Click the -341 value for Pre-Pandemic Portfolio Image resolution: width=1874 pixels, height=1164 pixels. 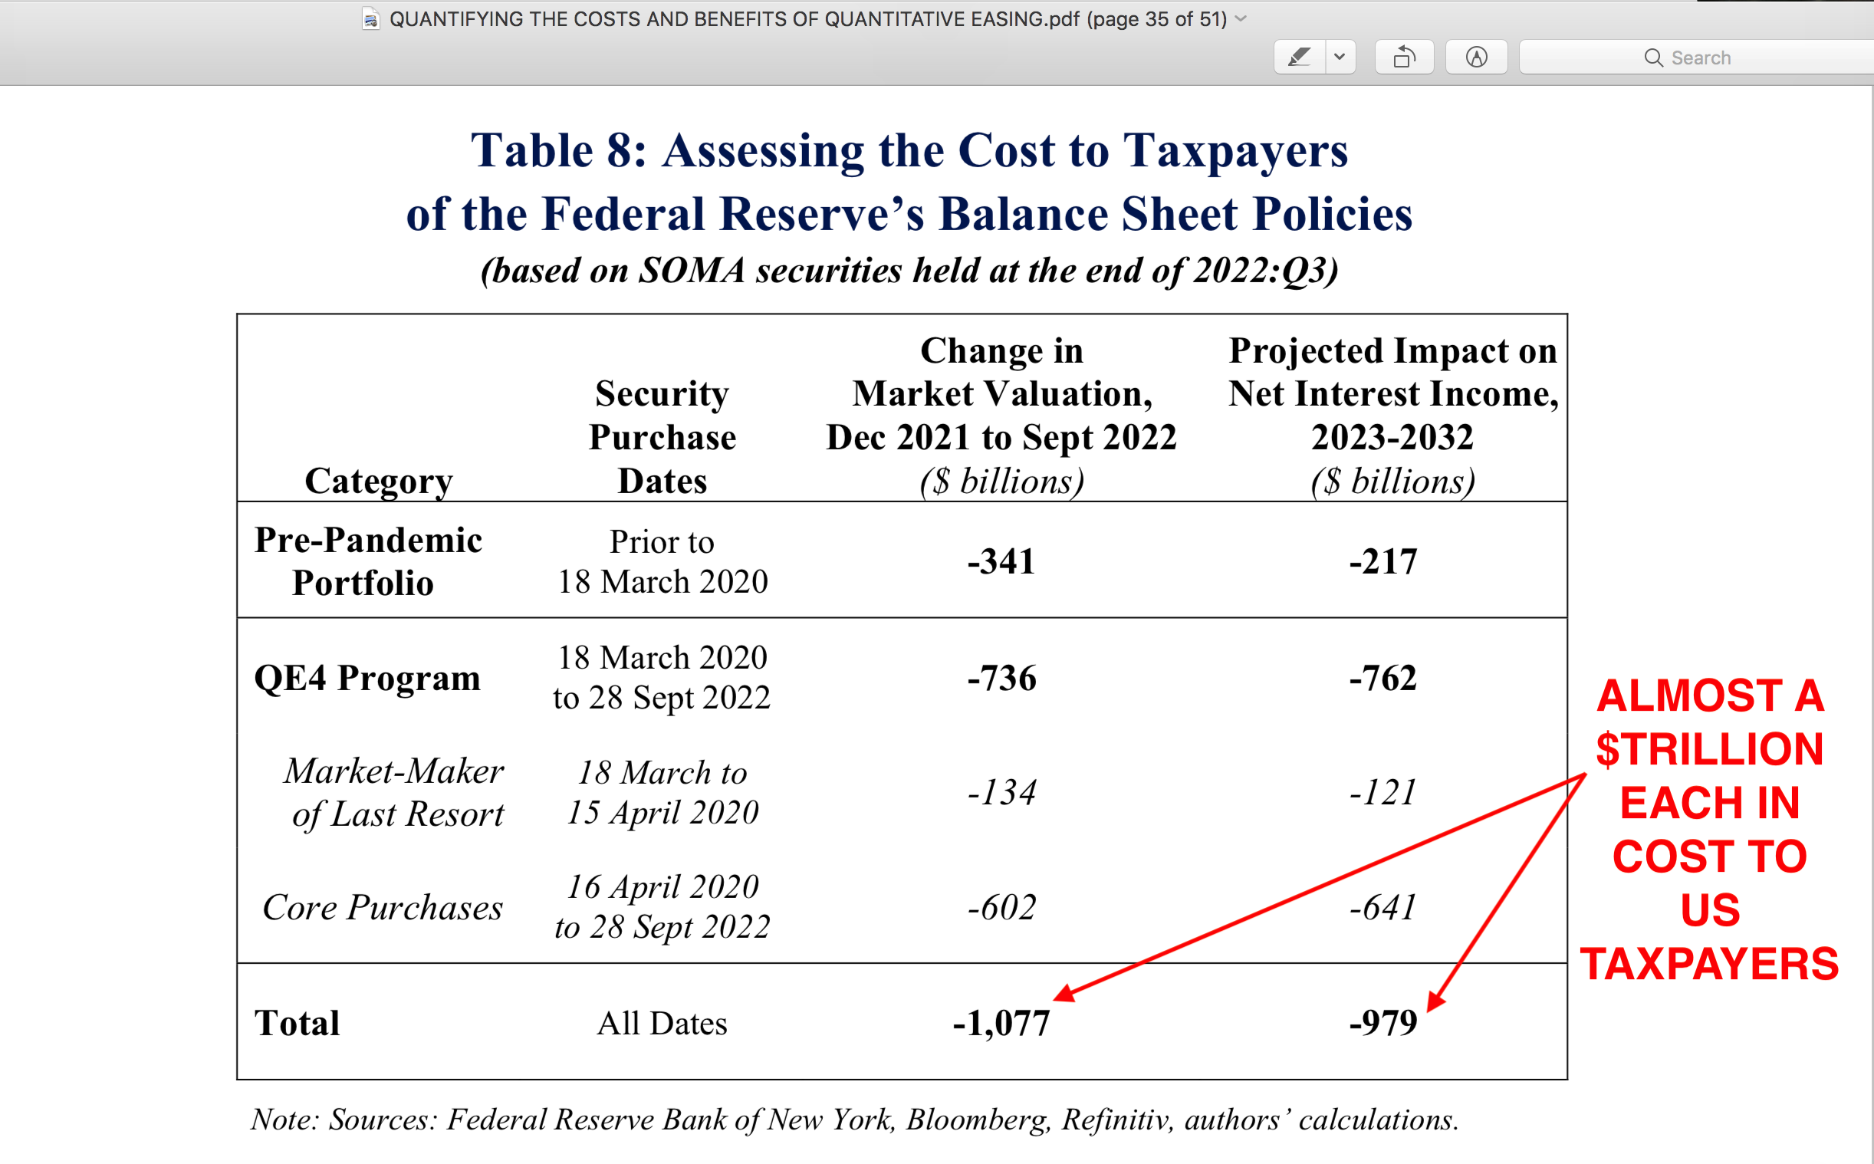(x=1001, y=561)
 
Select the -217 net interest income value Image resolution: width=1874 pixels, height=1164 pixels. (x=1383, y=561)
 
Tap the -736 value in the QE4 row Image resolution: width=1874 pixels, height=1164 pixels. (x=1002, y=678)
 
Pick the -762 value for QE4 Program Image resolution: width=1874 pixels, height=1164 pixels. (x=1383, y=678)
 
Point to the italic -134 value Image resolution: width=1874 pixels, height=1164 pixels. (x=1002, y=792)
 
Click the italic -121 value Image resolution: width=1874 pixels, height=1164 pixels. (x=1383, y=792)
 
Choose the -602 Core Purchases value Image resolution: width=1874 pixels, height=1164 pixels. (x=1002, y=907)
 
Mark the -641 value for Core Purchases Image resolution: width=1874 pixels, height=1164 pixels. (x=1383, y=907)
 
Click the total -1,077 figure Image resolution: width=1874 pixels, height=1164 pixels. (x=1001, y=1023)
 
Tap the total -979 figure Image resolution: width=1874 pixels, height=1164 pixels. (x=1383, y=1023)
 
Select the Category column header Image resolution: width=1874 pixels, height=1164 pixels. (x=379, y=481)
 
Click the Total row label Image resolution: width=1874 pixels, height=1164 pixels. (x=297, y=1023)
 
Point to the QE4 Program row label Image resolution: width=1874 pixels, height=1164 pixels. (x=367, y=678)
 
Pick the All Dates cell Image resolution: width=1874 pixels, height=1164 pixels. (x=662, y=1023)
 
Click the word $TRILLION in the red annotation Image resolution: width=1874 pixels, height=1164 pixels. (x=1709, y=749)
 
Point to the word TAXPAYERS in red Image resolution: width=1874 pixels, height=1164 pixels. (x=1709, y=964)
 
